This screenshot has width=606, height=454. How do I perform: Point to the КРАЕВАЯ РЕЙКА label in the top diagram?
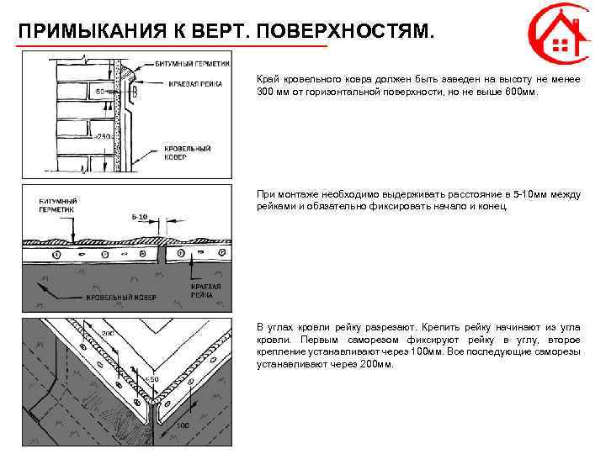click(194, 83)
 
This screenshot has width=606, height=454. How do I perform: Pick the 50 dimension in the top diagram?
click(99, 91)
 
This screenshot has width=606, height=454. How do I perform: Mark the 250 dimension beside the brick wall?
click(104, 135)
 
